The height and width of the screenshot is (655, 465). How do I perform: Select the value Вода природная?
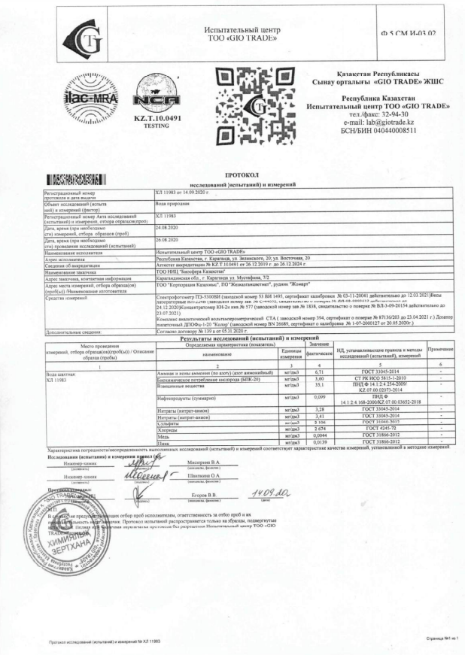tap(171, 203)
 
